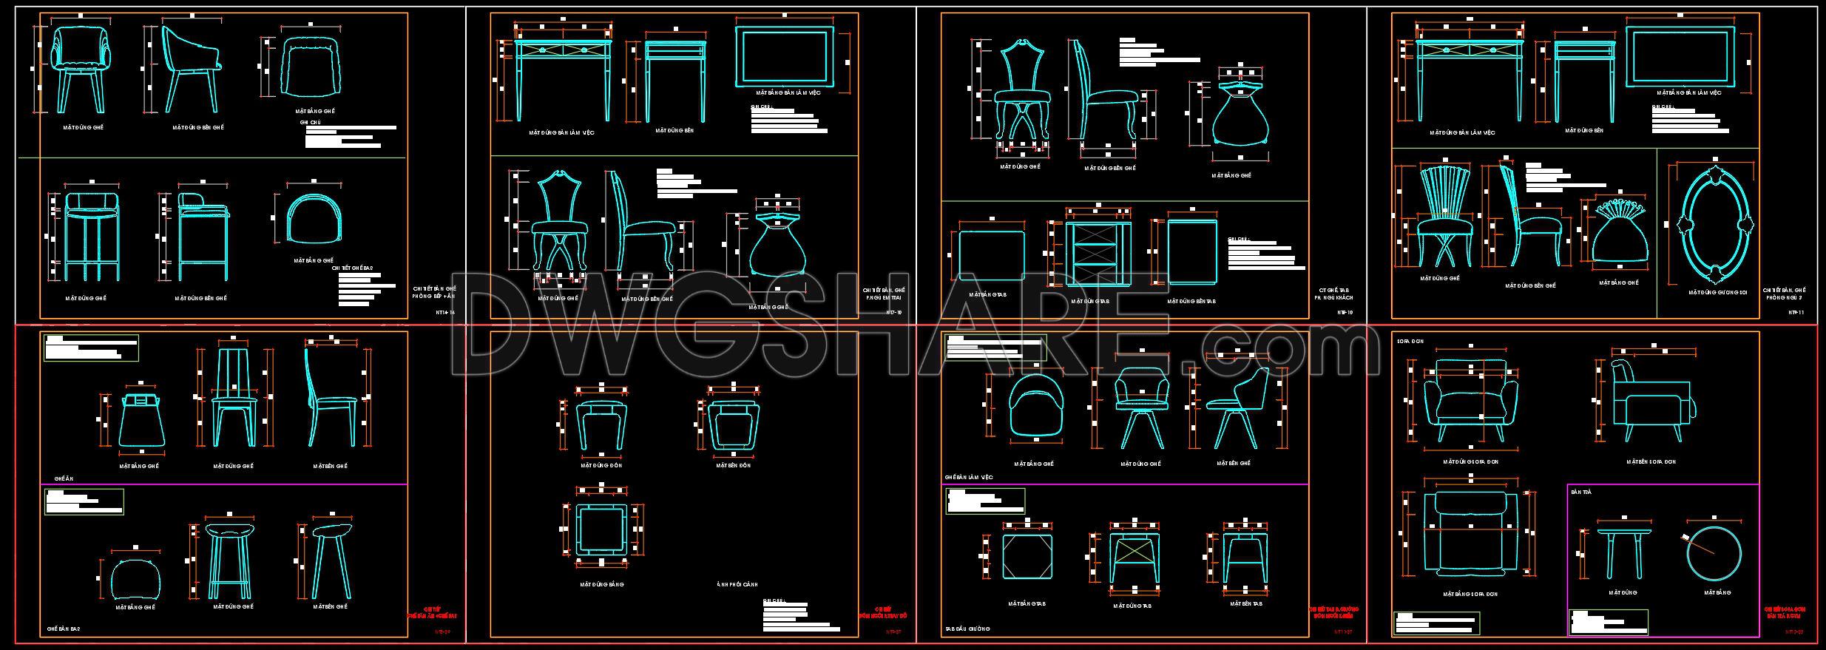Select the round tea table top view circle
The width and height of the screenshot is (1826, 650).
(1714, 553)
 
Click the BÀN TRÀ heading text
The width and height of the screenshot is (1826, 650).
(1580, 492)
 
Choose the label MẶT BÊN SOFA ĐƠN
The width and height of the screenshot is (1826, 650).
(1651, 461)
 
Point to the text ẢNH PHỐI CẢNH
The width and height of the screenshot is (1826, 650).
(737, 584)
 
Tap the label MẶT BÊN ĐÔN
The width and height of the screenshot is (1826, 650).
(733, 466)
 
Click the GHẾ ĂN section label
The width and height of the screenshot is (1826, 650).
(64, 478)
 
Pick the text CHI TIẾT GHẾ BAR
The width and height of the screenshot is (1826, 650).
(352, 268)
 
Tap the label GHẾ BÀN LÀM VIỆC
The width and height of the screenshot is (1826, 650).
(969, 478)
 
